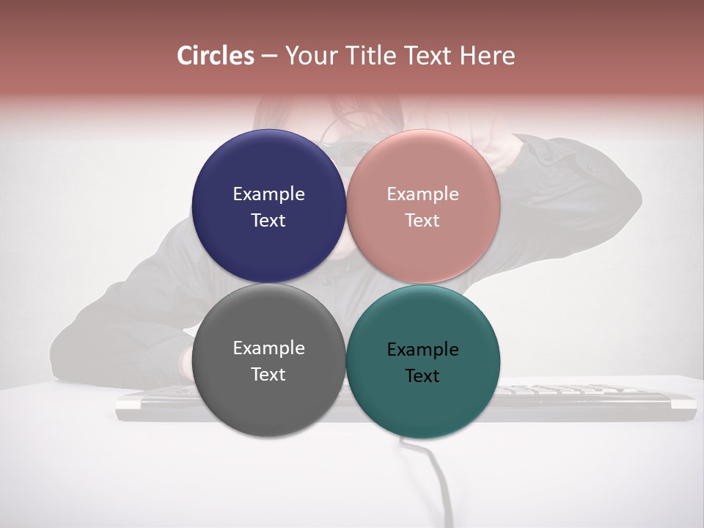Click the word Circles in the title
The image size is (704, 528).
pos(216,56)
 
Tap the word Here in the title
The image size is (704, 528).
pos(487,56)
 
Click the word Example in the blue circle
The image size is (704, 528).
pos(268,194)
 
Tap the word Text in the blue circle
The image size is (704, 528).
pos(268,220)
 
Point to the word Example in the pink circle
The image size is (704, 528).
pos(423,194)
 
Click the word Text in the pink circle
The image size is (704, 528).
pos(422,220)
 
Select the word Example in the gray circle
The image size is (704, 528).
pos(268,348)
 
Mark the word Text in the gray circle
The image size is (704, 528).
pos(268,374)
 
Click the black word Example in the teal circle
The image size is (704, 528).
pos(423,349)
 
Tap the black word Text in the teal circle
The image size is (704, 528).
pos(422,375)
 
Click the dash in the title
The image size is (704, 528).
pos(269,56)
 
